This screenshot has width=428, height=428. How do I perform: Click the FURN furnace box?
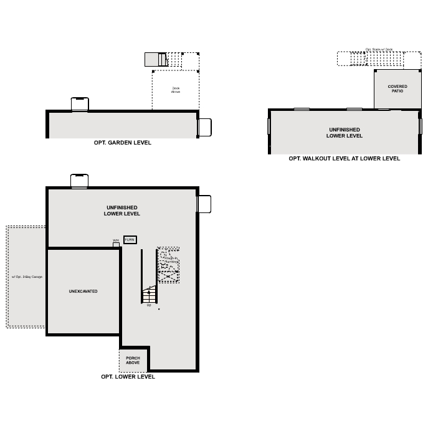[x=130, y=240]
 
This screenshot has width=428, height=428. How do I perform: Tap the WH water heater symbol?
[x=116, y=244]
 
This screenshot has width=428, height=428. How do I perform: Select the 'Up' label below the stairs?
[x=149, y=305]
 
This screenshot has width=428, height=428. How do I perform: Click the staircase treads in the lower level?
[x=149, y=295]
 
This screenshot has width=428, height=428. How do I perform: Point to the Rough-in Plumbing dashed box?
[x=169, y=265]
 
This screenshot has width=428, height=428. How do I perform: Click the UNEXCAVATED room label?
[x=83, y=291]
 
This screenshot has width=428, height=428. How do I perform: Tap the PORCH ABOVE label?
[x=133, y=360]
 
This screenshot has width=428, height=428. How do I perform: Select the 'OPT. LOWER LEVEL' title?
[x=128, y=377]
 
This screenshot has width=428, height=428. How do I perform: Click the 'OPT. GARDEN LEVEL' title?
[x=122, y=143]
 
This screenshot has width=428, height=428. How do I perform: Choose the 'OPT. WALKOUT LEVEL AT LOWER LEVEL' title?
[x=344, y=159]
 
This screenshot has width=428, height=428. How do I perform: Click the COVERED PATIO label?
[x=397, y=89]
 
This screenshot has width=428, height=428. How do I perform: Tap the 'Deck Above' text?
[x=176, y=90]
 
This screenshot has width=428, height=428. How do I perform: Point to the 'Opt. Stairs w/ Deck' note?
[x=379, y=49]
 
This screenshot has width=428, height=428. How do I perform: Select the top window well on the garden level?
[x=80, y=104]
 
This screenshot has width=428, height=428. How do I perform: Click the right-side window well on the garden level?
[x=205, y=127]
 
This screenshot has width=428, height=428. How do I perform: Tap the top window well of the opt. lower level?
[x=80, y=181]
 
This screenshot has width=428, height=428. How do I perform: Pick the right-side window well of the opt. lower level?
[x=204, y=204]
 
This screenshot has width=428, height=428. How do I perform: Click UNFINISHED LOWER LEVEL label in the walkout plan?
[x=344, y=133]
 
